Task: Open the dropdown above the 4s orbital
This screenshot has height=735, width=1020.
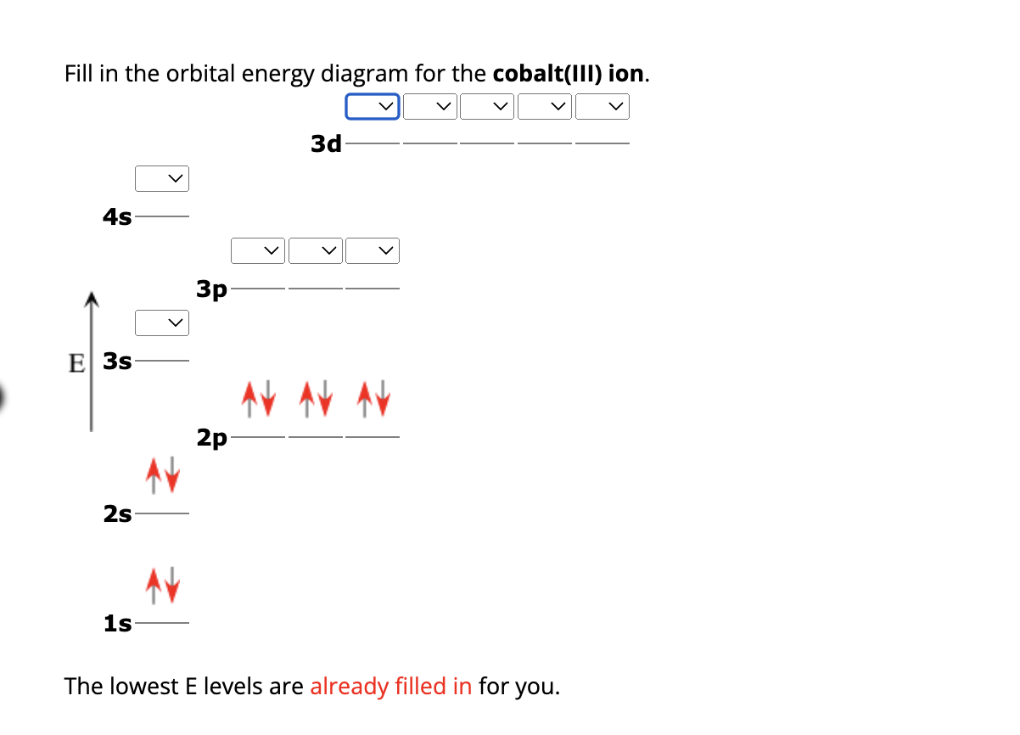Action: pos(161,178)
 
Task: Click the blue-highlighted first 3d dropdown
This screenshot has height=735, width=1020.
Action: pos(373,106)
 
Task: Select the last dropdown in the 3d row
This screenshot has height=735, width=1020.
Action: pos(602,106)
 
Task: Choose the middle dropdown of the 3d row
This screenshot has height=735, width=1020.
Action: pos(488,106)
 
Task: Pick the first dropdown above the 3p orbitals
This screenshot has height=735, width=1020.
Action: pos(258,250)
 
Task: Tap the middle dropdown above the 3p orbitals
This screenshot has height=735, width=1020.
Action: pos(316,250)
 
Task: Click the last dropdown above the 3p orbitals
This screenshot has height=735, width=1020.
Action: pos(373,250)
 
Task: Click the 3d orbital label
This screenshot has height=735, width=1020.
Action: pos(326,143)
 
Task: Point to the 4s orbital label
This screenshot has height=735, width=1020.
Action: pos(117,217)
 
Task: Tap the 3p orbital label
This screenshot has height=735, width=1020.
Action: pos(212,289)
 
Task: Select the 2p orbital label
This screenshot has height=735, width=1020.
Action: pos(212,438)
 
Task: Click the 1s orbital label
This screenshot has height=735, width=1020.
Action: pos(117,624)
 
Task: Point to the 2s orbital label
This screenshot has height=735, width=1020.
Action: pos(117,513)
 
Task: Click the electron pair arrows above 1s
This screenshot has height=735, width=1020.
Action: pos(161,585)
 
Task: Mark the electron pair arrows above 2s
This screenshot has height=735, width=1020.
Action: pos(161,474)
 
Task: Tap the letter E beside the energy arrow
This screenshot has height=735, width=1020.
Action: pos(76,362)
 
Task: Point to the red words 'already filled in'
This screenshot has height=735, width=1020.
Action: pos(390,686)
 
